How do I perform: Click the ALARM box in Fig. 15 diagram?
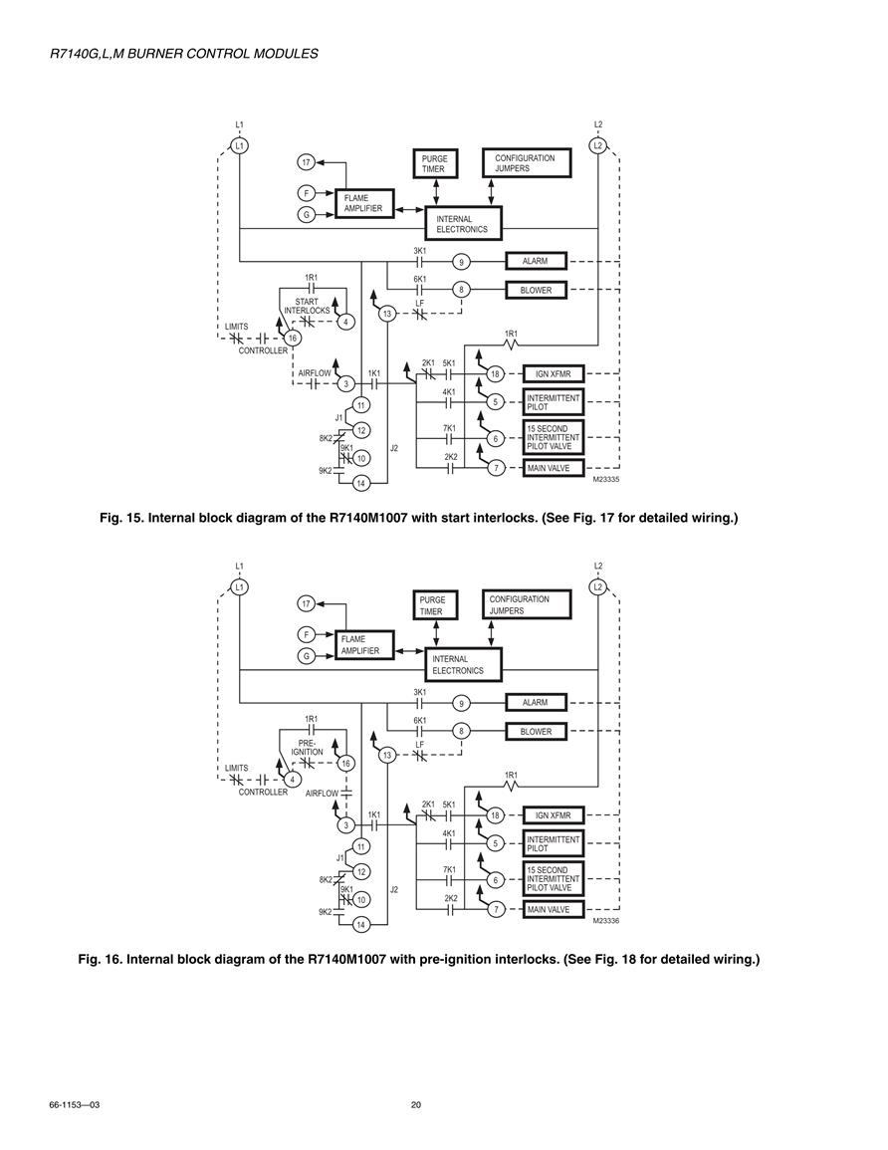[x=536, y=261]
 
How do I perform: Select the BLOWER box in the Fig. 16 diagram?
[x=536, y=731]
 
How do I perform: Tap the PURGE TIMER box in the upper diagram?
[x=435, y=163]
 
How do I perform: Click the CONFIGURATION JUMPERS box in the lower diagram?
[x=526, y=605]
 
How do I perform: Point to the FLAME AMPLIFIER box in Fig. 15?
[x=364, y=203]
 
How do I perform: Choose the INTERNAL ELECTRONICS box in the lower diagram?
[x=464, y=664]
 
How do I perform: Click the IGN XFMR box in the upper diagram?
[x=554, y=374]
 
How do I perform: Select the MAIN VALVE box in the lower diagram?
[x=554, y=909]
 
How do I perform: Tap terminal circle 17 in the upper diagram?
[x=307, y=162]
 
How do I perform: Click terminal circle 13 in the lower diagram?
[x=388, y=756]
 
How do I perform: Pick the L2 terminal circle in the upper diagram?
[x=598, y=145]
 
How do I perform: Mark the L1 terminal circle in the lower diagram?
[x=239, y=586]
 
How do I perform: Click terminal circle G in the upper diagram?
[x=307, y=215]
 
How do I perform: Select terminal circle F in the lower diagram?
[x=307, y=634]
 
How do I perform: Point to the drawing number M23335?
[x=606, y=480]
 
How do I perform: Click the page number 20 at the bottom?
[x=416, y=1104]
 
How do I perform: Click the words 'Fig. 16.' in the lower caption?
[x=100, y=959]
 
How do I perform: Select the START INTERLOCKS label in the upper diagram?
[x=308, y=306]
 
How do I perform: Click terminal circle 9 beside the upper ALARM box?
[x=461, y=262]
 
